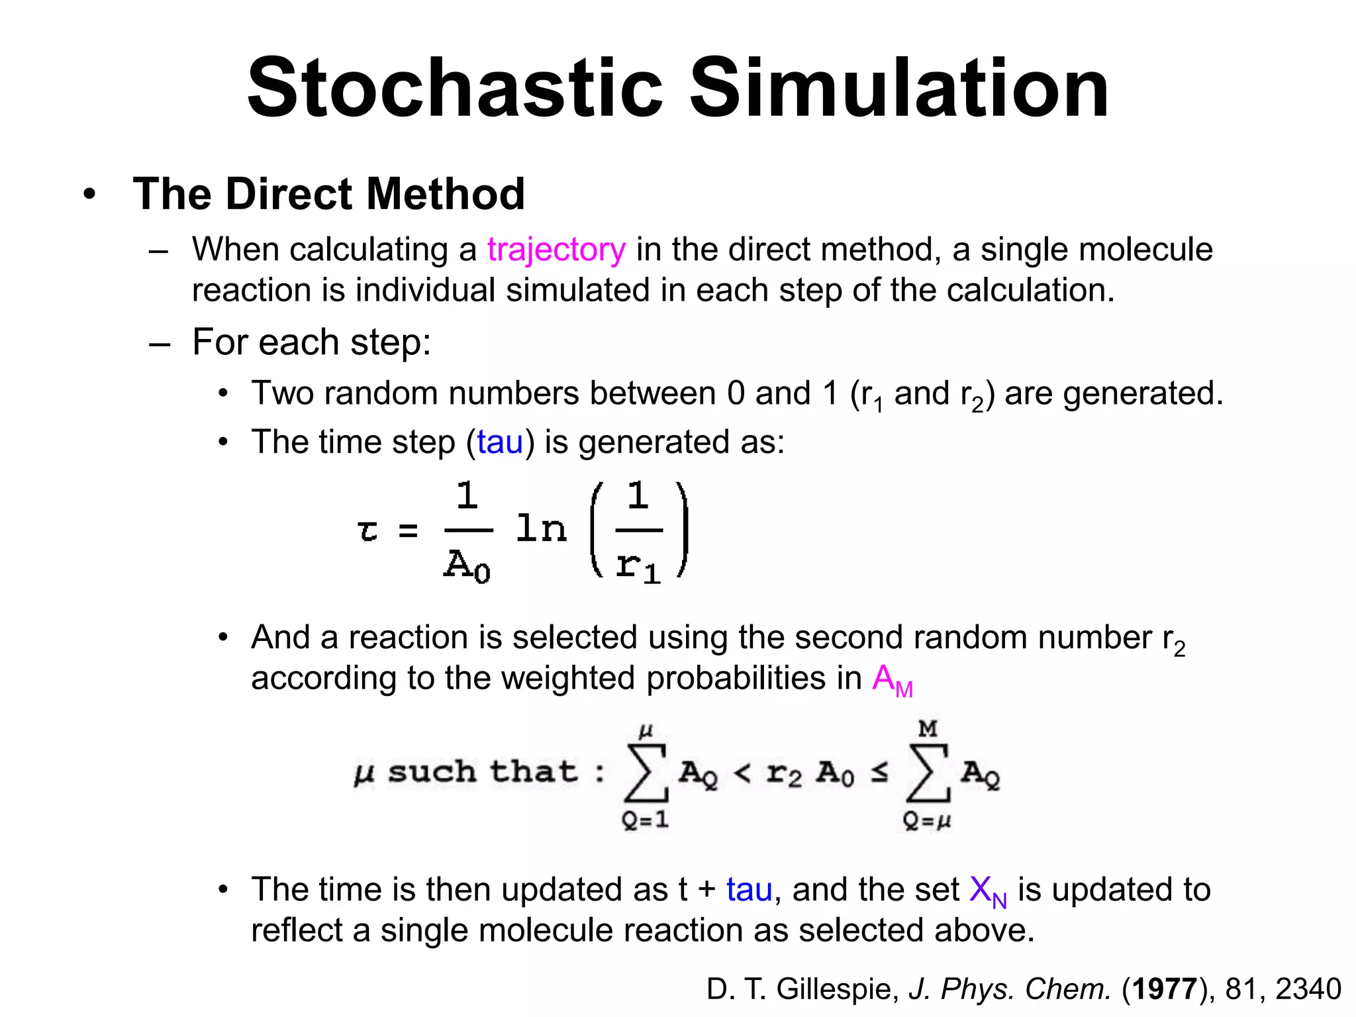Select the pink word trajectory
click(x=556, y=250)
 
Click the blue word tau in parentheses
click(x=500, y=442)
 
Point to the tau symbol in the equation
click(x=367, y=530)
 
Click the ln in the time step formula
click(x=541, y=529)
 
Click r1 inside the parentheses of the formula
click(x=638, y=567)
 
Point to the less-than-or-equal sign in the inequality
click(x=879, y=772)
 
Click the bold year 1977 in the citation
click(x=1165, y=989)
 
